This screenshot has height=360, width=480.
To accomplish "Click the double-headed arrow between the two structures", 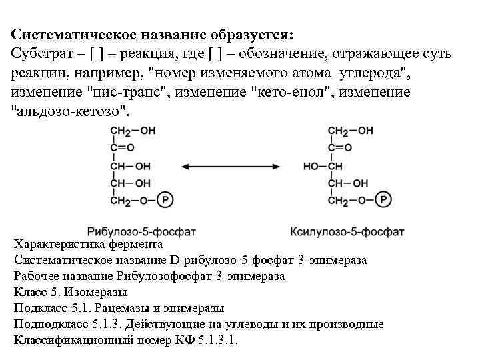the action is coord(229,165).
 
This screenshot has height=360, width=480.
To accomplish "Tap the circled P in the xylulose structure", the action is coord(383,199).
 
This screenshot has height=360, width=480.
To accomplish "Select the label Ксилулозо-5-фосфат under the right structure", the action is coord(347,232).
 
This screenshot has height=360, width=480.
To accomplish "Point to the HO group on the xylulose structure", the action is coord(311,165).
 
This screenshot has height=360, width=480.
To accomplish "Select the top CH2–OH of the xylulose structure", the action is coord(350,131).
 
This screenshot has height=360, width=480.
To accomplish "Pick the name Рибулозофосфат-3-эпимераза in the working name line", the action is coord(201,276).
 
